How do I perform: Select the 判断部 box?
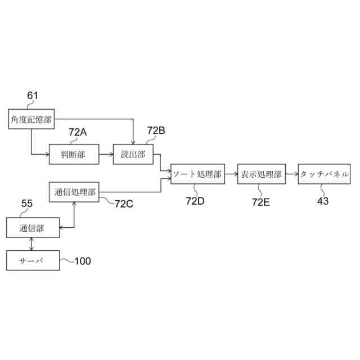tap(74, 154)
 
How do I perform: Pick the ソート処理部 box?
tap(197, 175)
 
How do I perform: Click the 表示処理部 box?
tap(260, 175)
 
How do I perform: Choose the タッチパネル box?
tap(324, 175)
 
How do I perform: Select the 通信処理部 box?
tap(75, 192)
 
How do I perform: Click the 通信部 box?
tap(32, 228)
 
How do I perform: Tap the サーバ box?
tap(32, 260)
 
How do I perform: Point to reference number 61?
tap(33, 96)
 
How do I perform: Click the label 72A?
tap(78, 132)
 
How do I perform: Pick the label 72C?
tap(124, 204)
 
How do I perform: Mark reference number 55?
tap(26, 205)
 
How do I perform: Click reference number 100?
tap(82, 261)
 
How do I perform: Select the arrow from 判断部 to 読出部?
tap(106, 154)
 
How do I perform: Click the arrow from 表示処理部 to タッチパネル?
tap(292, 175)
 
